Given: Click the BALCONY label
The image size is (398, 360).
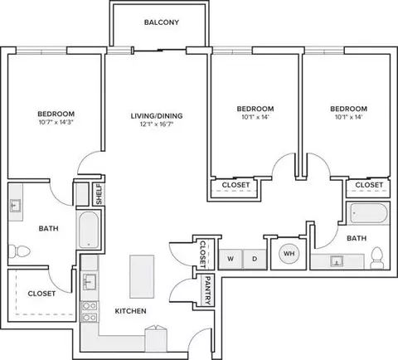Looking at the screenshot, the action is [162, 22].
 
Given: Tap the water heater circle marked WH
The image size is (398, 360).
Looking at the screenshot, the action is [289, 254].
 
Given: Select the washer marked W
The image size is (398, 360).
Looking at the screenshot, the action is [231, 259].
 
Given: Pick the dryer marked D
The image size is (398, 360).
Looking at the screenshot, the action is [255, 259].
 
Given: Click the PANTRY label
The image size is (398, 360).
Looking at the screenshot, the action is [207, 290].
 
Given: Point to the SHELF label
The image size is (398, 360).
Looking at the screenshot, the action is [99, 194].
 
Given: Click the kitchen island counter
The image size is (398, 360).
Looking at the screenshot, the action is [142, 276].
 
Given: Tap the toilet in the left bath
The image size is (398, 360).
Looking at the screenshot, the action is [19, 251].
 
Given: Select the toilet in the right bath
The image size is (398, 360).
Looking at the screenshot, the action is [376, 258].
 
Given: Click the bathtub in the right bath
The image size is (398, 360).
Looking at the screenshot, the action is [369, 213].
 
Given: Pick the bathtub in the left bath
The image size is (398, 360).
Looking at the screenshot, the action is [89, 230].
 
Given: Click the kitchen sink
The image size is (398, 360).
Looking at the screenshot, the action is [89, 282].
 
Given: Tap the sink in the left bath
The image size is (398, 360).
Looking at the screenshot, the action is [15, 206].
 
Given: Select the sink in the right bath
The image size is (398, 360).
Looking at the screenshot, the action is [337, 261].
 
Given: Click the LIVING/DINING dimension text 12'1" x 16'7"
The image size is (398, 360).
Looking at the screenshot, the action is [157, 124].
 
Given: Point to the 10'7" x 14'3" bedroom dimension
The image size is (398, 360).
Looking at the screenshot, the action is [56, 122].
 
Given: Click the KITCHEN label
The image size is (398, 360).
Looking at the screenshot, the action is [130, 311].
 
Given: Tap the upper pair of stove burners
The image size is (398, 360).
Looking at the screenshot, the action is [90, 306].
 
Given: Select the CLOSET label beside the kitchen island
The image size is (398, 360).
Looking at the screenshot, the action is [203, 255].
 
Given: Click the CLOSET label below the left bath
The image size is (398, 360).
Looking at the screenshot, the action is [41, 294].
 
